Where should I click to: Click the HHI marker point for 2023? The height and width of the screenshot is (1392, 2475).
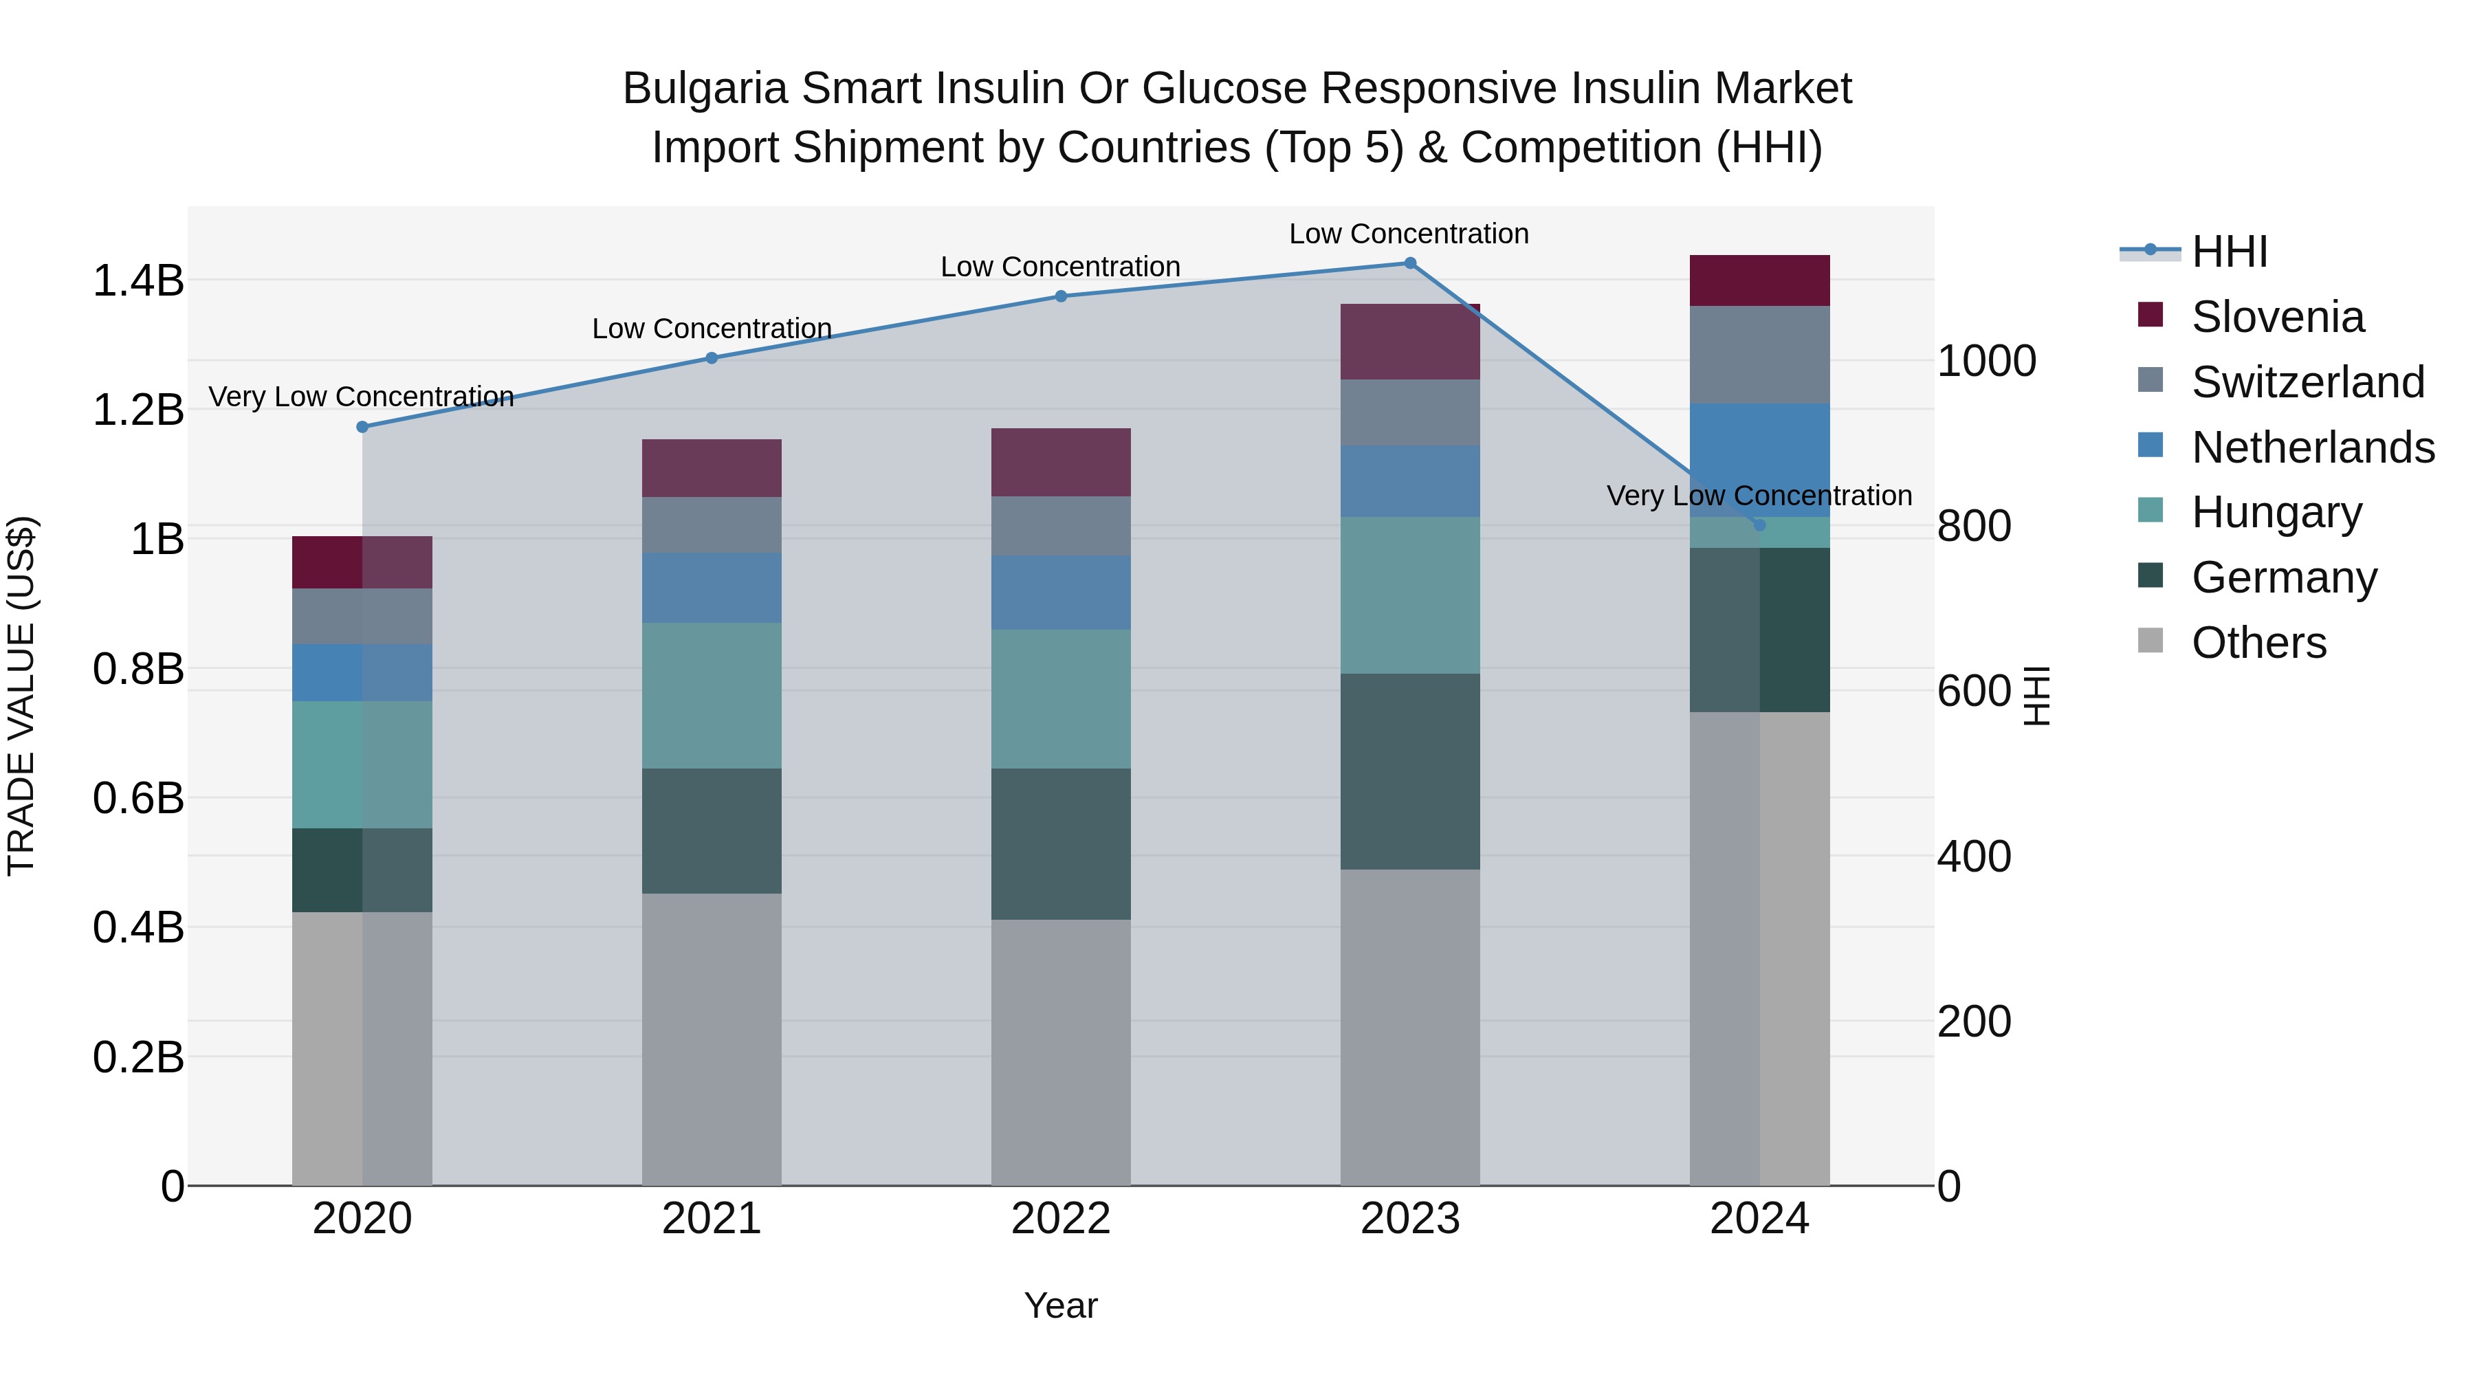[1409, 263]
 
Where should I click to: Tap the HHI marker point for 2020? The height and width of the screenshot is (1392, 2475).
[362, 426]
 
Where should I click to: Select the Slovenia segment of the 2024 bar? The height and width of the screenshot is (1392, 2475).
[1759, 280]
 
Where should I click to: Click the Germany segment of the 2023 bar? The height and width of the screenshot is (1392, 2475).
[1409, 771]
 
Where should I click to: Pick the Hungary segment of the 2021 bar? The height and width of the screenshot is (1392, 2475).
[711, 696]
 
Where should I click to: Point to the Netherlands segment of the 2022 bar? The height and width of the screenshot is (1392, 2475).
[1061, 593]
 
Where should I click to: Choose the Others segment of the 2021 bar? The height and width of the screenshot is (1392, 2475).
[711, 1039]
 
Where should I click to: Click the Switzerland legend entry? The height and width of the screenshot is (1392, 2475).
[2307, 382]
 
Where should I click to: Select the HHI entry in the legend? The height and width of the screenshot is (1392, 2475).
[2229, 252]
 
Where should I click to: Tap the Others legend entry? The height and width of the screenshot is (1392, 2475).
[2258, 643]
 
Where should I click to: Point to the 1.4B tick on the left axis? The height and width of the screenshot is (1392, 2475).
[137, 280]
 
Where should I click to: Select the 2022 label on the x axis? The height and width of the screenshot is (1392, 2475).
[1061, 1219]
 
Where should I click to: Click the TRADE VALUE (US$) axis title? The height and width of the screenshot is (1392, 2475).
[21, 696]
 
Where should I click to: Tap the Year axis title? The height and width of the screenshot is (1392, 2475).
[1061, 1305]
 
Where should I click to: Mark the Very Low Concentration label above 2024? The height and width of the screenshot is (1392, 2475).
[1759, 496]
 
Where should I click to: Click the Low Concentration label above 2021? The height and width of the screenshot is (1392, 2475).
[711, 329]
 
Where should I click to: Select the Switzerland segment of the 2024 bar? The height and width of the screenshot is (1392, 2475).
[1759, 355]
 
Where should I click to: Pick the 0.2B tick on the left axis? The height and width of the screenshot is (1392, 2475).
[137, 1057]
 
